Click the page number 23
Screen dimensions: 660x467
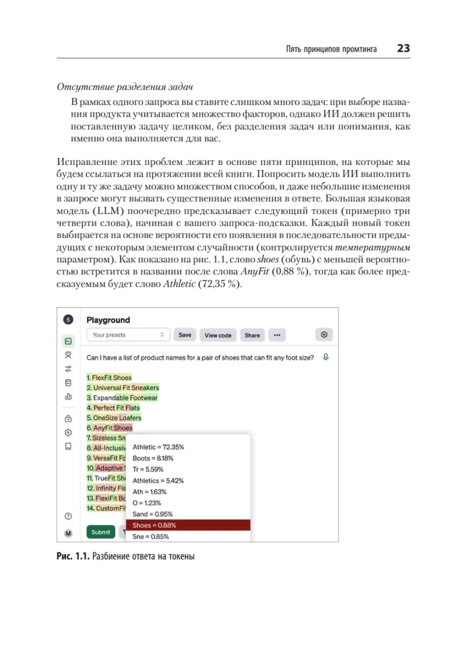point(403,48)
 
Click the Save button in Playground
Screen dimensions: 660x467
point(185,335)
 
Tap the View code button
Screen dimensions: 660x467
point(218,335)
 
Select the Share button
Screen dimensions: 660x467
point(252,335)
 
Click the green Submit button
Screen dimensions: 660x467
point(101,532)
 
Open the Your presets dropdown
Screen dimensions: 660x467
point(128,335)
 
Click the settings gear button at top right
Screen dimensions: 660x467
point(324,334)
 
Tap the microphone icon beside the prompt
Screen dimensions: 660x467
point(326,358)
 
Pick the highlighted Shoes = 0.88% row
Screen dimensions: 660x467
point(188,525)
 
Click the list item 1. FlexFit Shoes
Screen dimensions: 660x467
point(109,378)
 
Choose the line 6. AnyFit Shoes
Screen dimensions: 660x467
point(109,428)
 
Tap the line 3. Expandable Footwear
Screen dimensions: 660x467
point(122,398)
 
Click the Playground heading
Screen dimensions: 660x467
point(108,320)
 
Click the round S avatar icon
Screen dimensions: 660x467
point(68,320)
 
